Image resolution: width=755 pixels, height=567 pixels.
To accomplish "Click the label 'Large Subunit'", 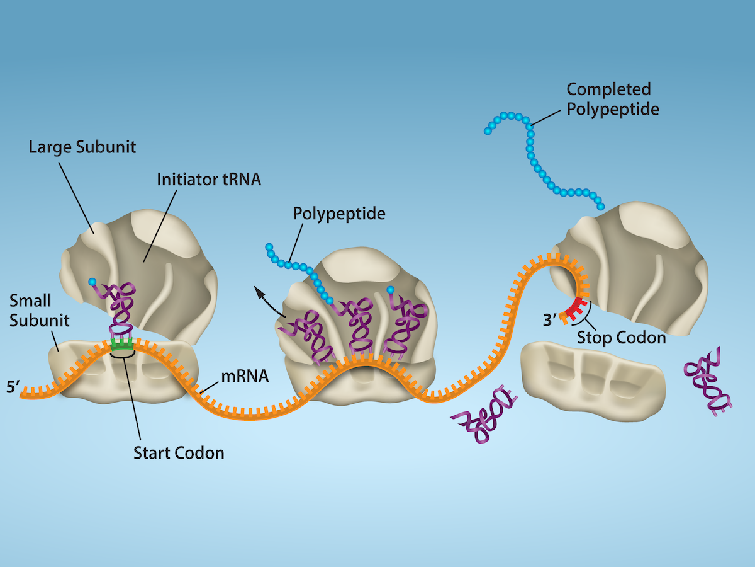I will coord(82,148).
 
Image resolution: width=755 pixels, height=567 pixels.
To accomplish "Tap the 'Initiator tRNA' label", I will coord(209,180).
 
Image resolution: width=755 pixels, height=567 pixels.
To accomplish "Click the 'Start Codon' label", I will coord(179,452).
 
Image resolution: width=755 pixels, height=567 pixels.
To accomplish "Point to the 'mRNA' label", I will coord(245,377).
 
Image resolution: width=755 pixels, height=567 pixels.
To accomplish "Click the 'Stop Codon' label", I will coord(621,338).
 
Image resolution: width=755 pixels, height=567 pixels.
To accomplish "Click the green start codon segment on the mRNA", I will coord(122,344).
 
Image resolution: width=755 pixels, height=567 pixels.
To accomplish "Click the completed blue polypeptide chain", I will coord(535,157).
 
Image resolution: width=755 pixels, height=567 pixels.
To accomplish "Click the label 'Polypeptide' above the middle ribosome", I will coord(338,214).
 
